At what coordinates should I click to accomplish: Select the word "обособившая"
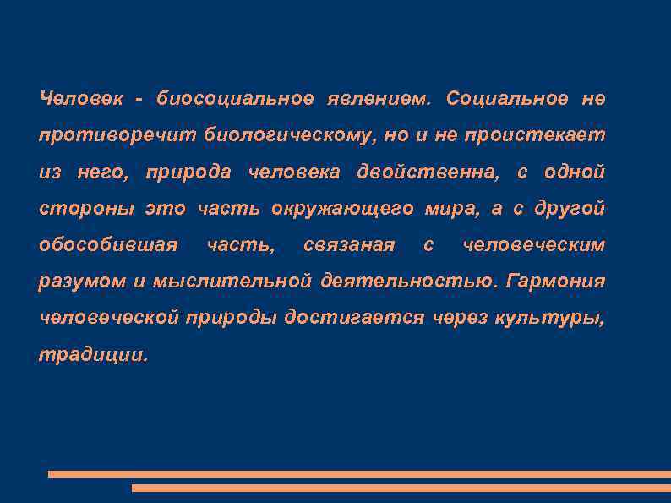(108, 245)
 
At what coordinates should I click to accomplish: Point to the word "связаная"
(349, 245)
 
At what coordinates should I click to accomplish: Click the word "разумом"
(82, 282)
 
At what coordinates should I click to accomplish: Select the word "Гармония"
(555, 282)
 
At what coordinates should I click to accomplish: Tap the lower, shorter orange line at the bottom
(401, 488)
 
